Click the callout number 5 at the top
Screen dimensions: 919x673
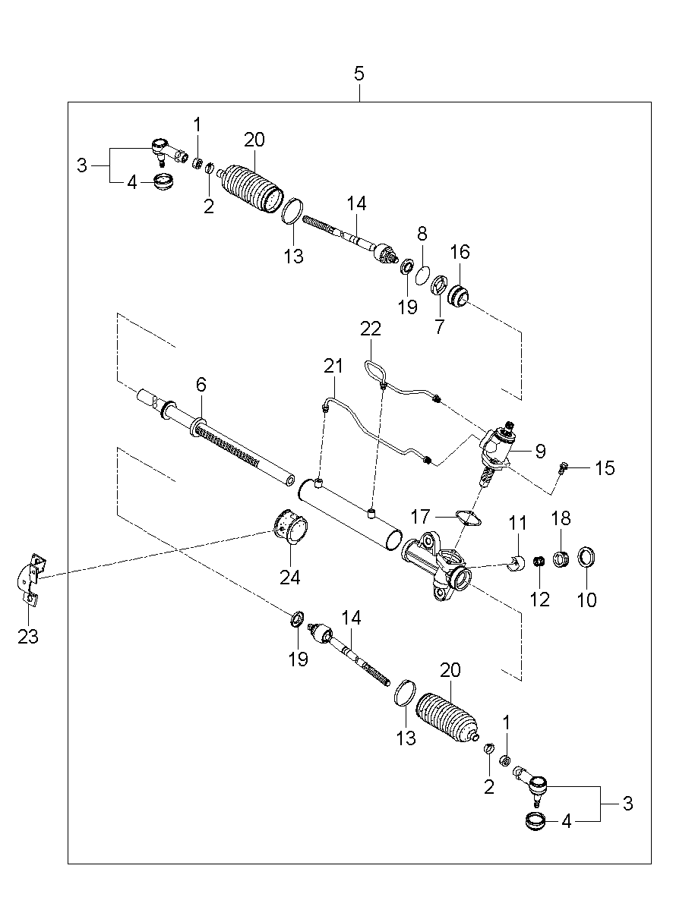[359, 74]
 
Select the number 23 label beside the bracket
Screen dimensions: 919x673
[28, 636]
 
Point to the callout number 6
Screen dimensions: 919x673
[201, 386]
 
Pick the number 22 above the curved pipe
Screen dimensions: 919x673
[371, 329]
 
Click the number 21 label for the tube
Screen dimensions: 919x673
[334, 367]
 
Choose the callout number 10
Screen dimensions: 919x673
[586, 600]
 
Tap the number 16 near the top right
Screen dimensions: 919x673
[460, 252]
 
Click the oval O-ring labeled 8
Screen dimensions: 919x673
[424, 274]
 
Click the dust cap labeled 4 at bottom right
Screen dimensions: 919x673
[536, 820]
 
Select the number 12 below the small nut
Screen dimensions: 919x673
[539, 600]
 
